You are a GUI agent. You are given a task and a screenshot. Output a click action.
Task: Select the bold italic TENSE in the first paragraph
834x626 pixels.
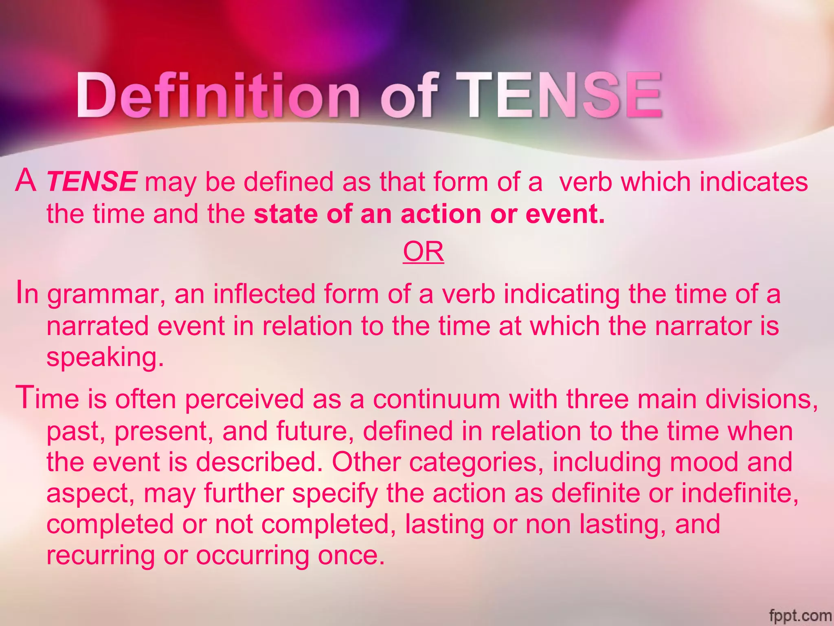[x=92, y=181]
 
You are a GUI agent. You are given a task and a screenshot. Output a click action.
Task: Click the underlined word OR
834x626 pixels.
[x=423, y=252]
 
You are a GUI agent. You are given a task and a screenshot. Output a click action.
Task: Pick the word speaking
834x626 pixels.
[x=105, y=358]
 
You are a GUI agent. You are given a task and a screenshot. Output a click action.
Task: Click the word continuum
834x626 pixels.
[x=436, y=399]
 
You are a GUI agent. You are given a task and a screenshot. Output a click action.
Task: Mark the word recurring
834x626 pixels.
[x=101, y=555]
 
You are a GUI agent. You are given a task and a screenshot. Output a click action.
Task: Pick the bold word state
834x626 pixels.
[x=285, y=214]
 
